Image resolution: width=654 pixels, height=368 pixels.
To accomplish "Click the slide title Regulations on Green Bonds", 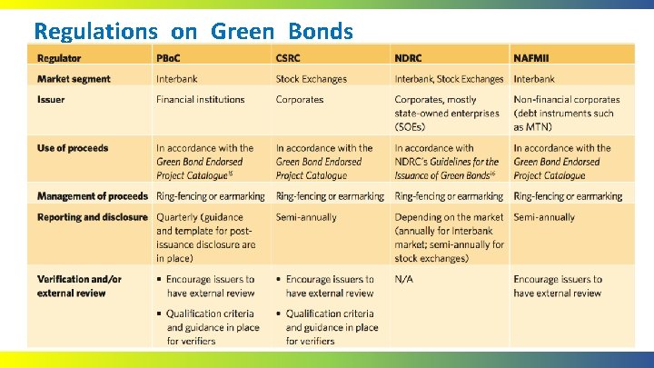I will (x=193, y=31).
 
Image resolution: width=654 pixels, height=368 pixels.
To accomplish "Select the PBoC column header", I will (x=169, y=58).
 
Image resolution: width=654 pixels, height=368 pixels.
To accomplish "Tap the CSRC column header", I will (x=289, y=58).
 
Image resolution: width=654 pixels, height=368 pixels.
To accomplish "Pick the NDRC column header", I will (x=409, y=58).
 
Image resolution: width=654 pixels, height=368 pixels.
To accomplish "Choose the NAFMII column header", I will (x=531, y=58).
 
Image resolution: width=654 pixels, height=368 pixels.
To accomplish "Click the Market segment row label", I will (x=74, y=79).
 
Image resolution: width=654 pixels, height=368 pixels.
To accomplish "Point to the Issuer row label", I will (x=51, y=99).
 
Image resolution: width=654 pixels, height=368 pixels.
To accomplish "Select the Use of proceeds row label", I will (x=73, y=147).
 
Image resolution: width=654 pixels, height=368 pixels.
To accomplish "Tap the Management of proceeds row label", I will (x=93, y=195).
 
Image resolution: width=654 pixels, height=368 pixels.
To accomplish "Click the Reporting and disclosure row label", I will (x=93, y=217).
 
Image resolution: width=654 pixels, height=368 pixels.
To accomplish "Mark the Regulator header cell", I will (x=59, y=58).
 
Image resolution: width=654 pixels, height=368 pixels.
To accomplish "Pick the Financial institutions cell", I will (x=200, y=99).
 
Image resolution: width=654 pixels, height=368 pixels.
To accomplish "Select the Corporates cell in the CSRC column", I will (x=300, y=99).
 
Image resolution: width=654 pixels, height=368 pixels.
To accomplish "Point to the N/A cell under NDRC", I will (x=403, y=279).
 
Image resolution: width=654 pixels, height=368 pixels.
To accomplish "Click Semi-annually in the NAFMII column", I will (x=544, y=217).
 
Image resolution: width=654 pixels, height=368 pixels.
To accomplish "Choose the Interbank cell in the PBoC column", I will (x=176, y=79).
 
